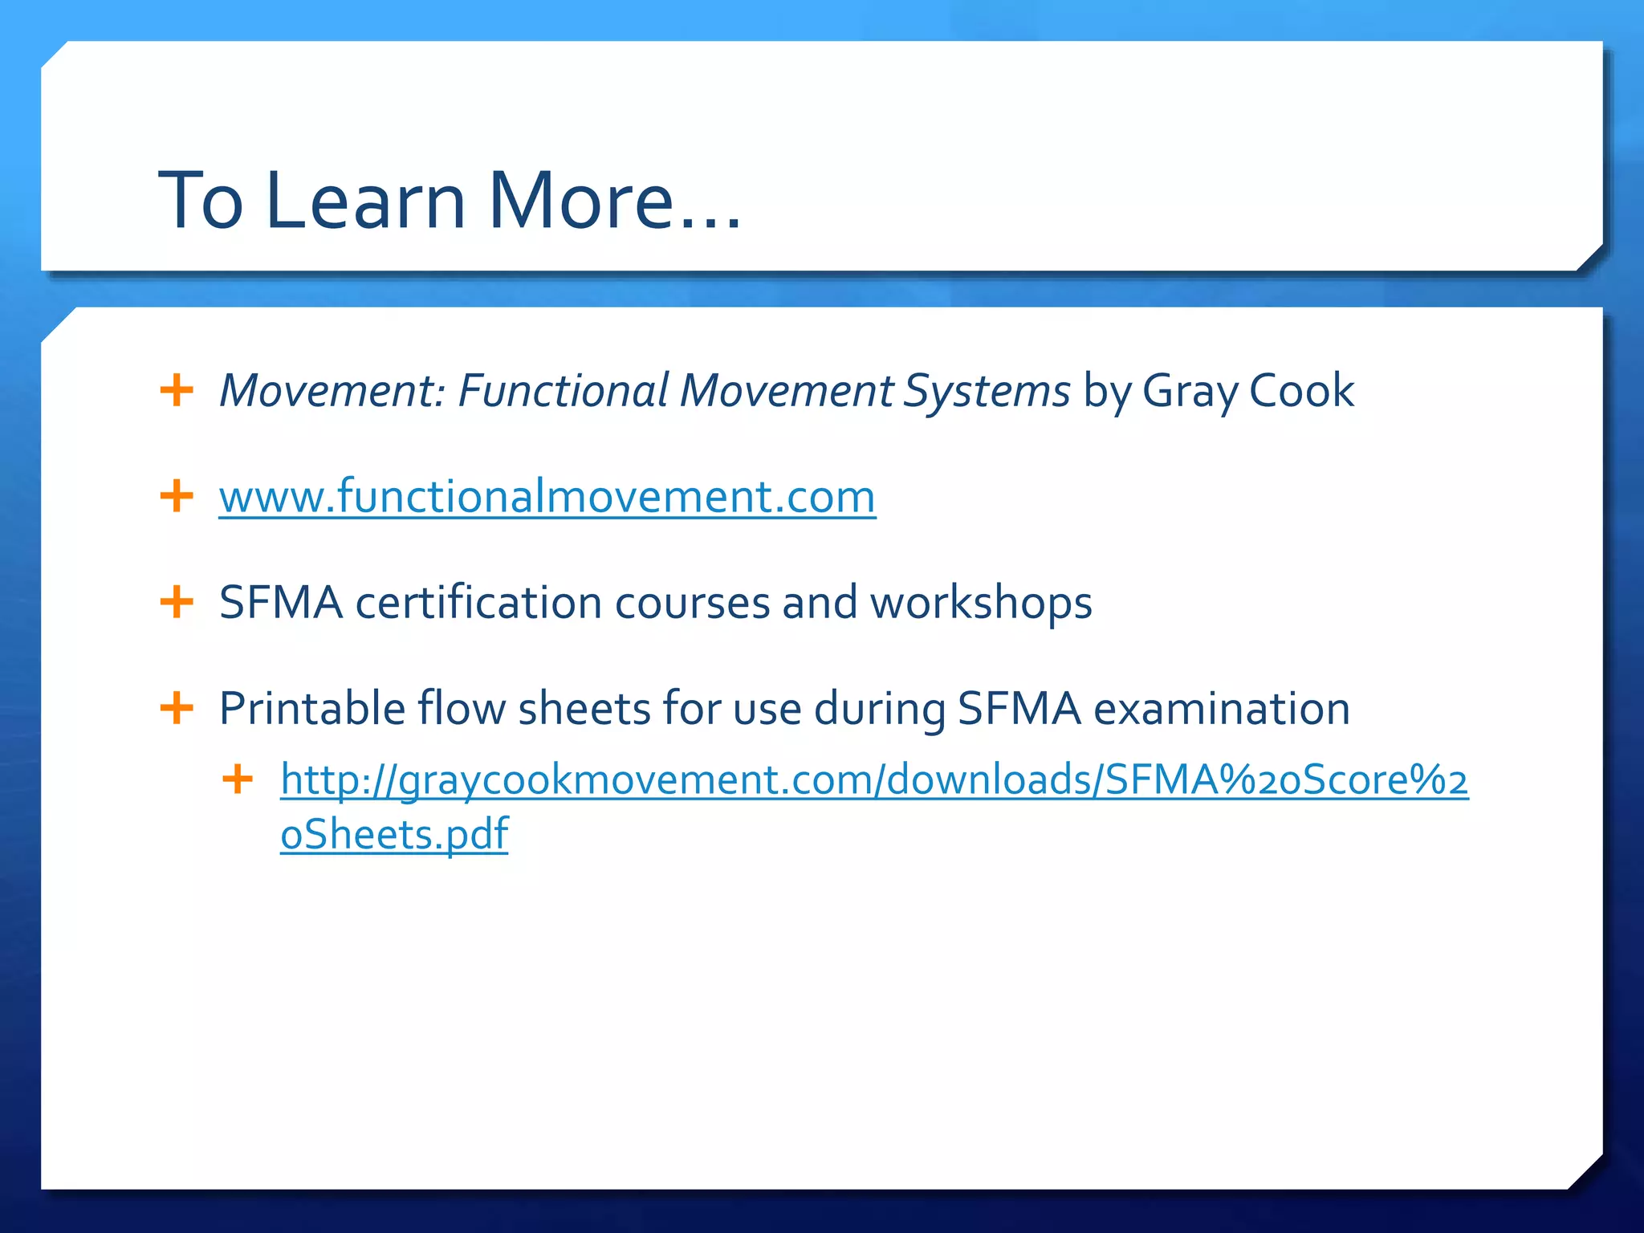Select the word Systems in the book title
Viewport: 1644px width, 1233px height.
pos(986,392)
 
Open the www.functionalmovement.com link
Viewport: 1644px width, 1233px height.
pos(547,497)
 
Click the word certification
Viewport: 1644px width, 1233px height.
pos(478,603)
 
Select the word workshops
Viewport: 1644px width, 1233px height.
pos(981,603)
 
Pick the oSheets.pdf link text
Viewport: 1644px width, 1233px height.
pos(394,834)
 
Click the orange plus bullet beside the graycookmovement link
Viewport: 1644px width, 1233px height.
pos(238,779)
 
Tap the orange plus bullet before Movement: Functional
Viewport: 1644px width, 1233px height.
pos(177,391)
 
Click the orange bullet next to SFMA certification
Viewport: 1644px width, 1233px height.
pos(177,602)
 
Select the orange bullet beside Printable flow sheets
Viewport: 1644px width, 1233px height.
pos(177,709)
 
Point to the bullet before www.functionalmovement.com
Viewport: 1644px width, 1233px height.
pos(177,496)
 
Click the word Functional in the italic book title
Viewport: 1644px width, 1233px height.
pos(563,392)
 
